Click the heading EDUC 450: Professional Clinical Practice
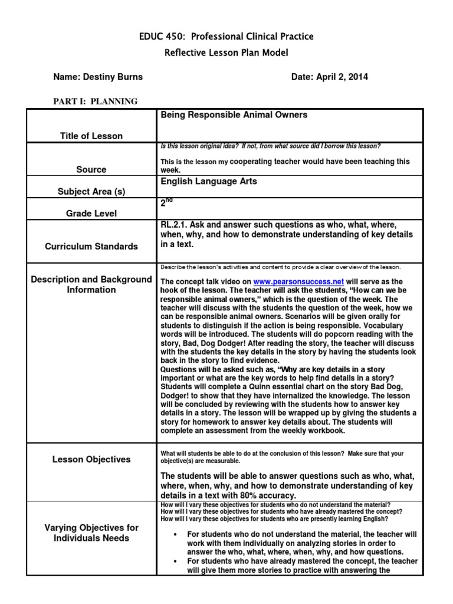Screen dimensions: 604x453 pos(226,37)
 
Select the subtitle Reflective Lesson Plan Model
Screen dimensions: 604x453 pos(226,54)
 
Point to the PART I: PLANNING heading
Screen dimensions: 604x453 pos(95,101)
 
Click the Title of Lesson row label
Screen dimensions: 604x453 pos(91,136)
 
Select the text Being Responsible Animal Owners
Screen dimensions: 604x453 pos(234,115)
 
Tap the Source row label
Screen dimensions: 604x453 pos(91,169)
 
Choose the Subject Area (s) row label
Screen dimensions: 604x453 pos(91,192)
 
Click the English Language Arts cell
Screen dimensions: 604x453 pos(209,182)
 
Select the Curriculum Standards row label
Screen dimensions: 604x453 pos(91,247)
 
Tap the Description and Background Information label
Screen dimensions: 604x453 pos(91,284)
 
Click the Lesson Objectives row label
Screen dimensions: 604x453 pos(91,459)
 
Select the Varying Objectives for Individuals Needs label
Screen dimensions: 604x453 pos(91,533)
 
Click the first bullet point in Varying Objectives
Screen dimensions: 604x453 pos(177,534)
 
